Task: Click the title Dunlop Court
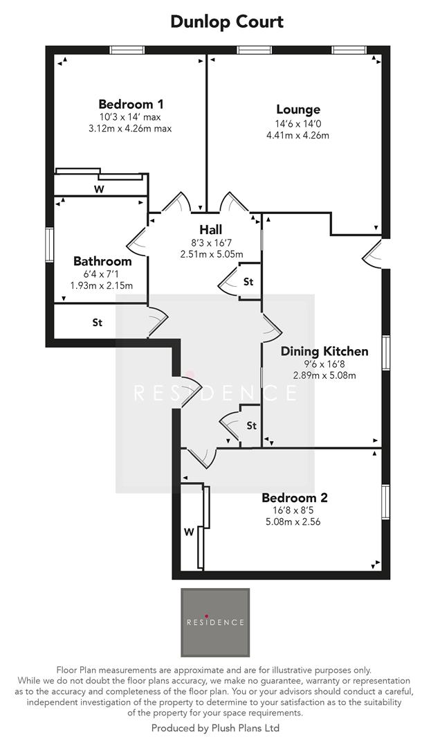pos(227,21)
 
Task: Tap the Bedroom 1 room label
pos(131,105)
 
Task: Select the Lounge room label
pos(298,109)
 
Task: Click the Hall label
pos(211,229)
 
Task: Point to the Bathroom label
pos(102,261)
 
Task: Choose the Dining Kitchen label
pos(324,351)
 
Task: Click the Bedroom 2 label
pos(295,497)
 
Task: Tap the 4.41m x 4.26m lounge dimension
pos(297,135)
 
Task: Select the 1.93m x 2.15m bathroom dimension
pos(102,285)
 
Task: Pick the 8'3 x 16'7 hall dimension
pos(211,242)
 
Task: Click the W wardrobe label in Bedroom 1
pos(100,188)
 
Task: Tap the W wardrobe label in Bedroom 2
pos(187,533)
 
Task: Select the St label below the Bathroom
pos(98,323)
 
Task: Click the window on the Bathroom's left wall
pos(49,246)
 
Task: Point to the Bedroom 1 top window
pos(127,50)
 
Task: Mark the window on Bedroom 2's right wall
pos(385,501)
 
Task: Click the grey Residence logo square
pos(215,622)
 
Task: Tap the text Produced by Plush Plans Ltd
pos(215,728)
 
